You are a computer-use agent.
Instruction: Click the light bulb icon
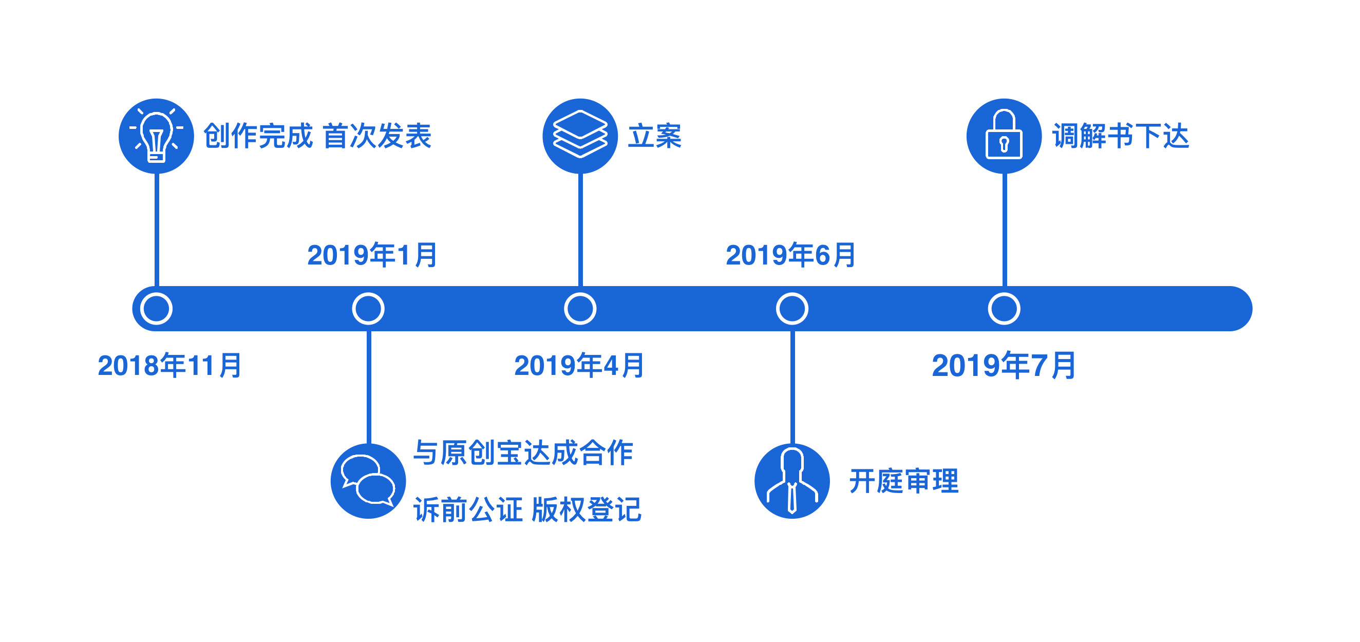(156, 136)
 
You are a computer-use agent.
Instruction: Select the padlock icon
(1004, 136)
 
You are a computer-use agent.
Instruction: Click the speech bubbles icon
(368, 481)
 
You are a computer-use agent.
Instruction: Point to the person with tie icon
(792, 481)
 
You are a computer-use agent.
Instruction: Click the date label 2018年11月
(169, 365)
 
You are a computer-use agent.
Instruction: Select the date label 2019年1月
(372, 255)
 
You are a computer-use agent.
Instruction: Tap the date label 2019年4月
(579, 365)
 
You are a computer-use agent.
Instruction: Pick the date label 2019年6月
(790, 255)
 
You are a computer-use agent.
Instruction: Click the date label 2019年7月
(1004, 365)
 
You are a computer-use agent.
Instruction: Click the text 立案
(655, 136)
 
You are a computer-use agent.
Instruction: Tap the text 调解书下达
(1120, 136)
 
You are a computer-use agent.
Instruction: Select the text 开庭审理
(904, 481)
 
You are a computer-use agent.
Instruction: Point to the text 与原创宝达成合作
(523, 453)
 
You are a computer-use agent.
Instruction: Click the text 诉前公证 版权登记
(527, 510)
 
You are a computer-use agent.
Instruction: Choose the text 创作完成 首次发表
(317, 136)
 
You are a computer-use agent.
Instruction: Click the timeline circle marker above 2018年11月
(156, 309)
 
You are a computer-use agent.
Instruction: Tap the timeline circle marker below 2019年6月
(792, 309)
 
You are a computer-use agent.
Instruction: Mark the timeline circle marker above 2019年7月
(1004, 309)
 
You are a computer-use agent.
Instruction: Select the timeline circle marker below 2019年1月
(368, 309)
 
